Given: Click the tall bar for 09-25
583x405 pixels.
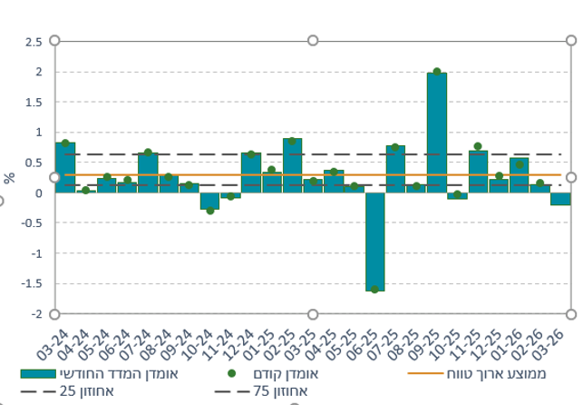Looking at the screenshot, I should [x=436, y=132].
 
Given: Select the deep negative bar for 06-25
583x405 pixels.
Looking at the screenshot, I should [x=374, y=242].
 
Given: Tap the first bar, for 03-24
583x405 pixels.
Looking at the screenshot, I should [x=65, y=167].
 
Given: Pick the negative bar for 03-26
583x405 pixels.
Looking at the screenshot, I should [x=560, y=199].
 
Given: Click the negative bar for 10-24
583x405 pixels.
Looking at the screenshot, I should [x=209, y=201].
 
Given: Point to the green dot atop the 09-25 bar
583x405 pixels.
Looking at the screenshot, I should [x=437, y=72].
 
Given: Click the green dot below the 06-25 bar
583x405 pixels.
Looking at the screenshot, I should [x=374, y=290].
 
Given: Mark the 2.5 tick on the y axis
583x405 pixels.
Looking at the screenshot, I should [x=34, y=42].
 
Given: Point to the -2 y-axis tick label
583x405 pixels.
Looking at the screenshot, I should [x=35, y=314].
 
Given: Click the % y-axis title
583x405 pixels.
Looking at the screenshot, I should [x=10, y=178].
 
